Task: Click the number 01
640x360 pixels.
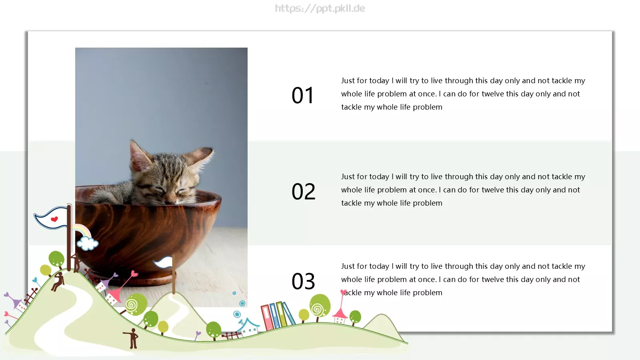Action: tap(302, 95)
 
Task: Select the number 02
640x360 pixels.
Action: tap(303, 191)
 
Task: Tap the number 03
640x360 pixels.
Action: tap(303, 281)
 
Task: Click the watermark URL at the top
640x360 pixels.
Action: tap(320, 8)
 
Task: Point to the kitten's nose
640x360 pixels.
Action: tap(171, 202)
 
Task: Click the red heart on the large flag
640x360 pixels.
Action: tap(54, 219)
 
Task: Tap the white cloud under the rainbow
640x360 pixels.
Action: tap(88, 244)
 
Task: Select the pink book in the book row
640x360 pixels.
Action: tap(267, 318)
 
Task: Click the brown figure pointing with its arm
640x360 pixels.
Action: tap(132, 338)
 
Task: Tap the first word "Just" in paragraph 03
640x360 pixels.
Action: tap(348, 266)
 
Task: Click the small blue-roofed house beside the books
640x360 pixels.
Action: tap(248, 326)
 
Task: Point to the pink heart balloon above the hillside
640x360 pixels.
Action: tap(134, 274)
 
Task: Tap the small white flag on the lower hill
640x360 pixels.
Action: tap(163, 262)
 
